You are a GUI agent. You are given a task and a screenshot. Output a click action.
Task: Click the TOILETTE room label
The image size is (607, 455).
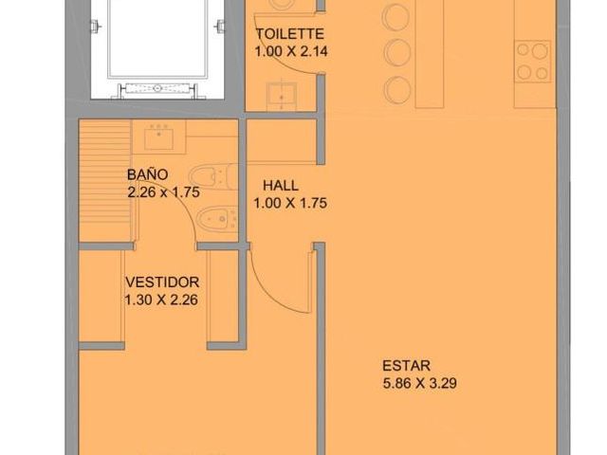(290, 34)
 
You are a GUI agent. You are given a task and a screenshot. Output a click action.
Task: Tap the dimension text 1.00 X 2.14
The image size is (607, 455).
(291, 51)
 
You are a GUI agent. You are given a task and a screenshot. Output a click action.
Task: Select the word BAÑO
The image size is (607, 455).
(148, 174)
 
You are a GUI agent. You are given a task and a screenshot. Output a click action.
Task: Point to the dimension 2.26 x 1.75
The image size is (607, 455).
(164, 191)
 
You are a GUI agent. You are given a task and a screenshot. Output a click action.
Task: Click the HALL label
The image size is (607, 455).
(281, 186)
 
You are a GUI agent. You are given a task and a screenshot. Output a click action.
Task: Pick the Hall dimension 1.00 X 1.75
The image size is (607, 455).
(290, 203)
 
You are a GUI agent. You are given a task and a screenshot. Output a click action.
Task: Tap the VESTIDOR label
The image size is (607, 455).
(162, 282)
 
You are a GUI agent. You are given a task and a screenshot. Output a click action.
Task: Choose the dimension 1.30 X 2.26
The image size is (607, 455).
(161, 300)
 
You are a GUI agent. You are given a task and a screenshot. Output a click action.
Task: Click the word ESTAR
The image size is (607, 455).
(406, 366)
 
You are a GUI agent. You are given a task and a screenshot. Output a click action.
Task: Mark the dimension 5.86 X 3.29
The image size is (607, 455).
(419, 383)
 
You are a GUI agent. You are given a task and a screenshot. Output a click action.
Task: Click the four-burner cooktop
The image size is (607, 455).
(533, 61)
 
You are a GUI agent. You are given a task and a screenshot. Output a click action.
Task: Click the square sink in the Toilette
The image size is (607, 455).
(282, 96)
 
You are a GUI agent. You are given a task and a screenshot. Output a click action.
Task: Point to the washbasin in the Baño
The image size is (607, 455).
(158, 138)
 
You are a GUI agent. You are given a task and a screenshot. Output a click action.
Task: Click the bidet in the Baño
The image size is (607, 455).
(217, 220)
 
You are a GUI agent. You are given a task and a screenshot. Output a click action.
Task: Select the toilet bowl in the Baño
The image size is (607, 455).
(214, 176)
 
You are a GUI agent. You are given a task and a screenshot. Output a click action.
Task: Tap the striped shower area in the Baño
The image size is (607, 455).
(104, 181)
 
